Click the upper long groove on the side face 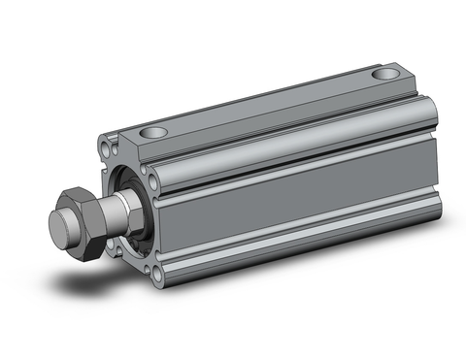pos(291,155)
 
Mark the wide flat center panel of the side pos(291,194)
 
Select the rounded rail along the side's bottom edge pos(291,257)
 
